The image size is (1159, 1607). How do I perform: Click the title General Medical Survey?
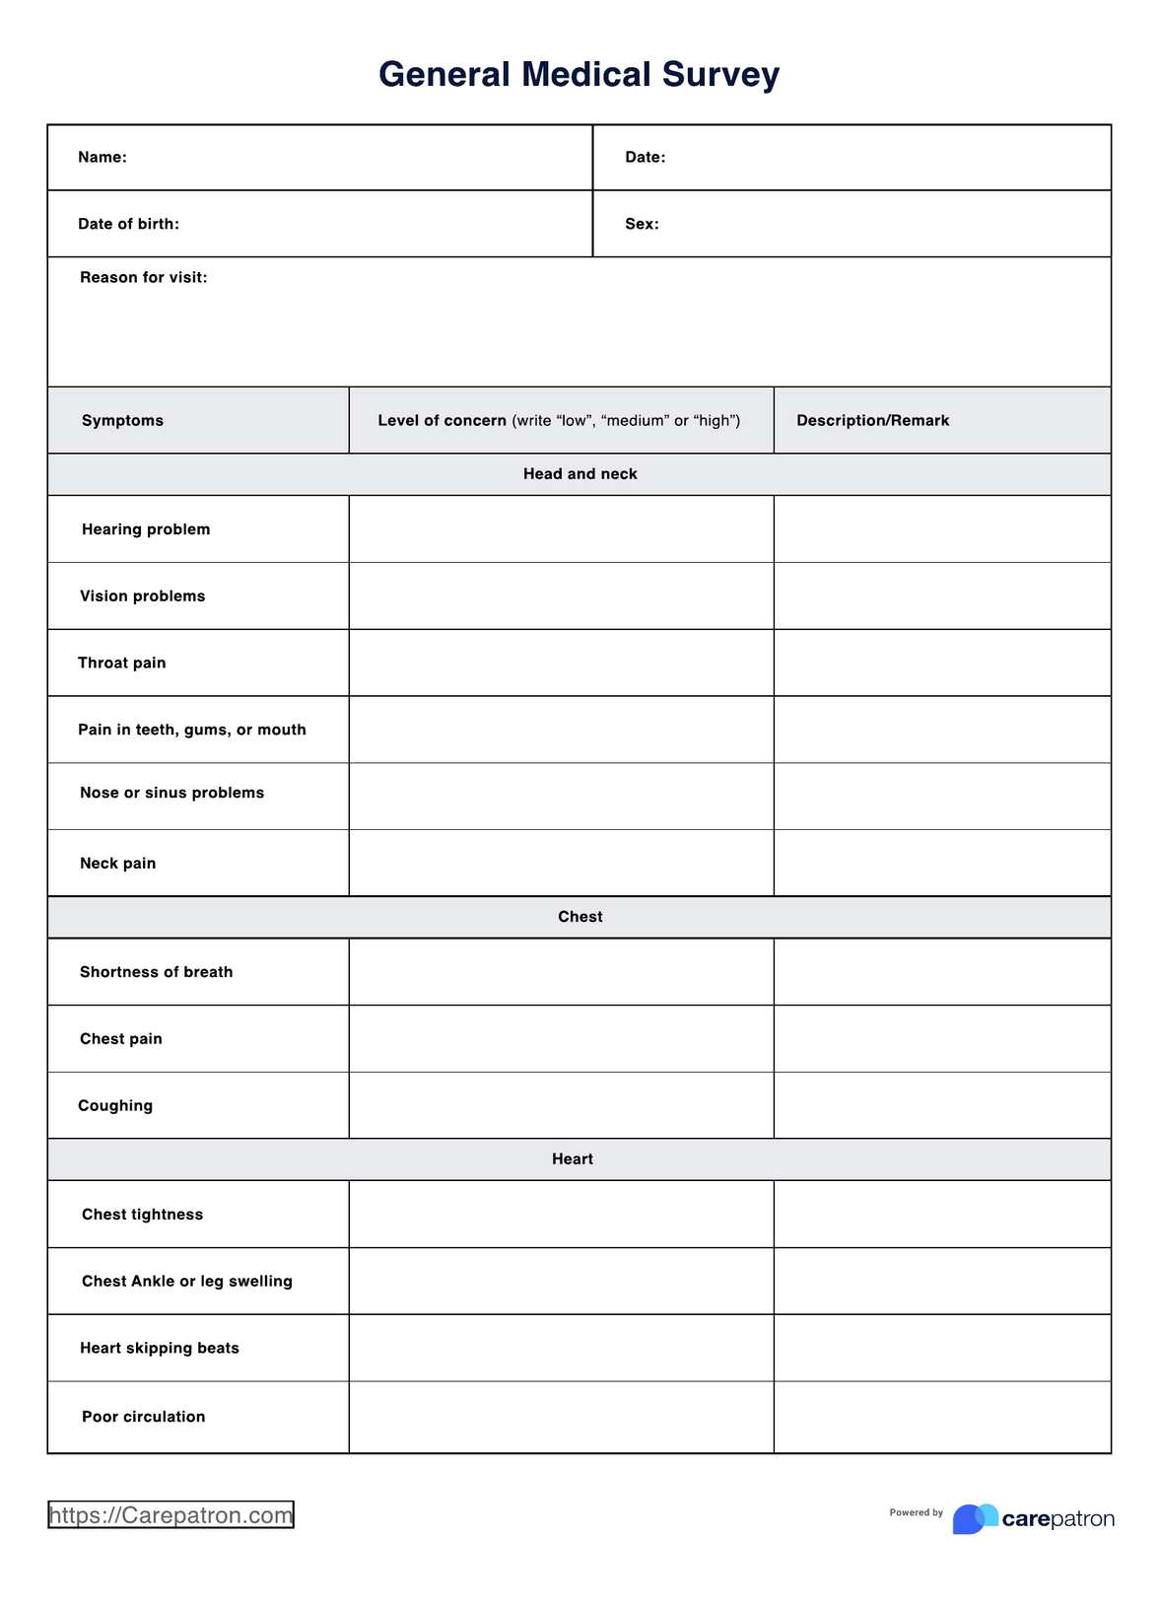(579, 75)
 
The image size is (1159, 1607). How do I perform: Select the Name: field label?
(102, 158)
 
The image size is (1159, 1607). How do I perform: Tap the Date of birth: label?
(128, 224)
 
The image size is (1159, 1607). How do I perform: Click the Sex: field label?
(642, 224)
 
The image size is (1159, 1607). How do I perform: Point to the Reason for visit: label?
(144, 278)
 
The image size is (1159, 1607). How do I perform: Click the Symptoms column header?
(122, 421)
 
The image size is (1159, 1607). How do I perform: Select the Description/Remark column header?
(872, 421)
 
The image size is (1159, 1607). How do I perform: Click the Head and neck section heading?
(579, 474)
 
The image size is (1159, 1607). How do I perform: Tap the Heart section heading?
(573, 1159)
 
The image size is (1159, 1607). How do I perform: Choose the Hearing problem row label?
(146, 529)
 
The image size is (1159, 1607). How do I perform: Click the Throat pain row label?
(122, 664)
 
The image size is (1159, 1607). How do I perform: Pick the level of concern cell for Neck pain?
(561, 863)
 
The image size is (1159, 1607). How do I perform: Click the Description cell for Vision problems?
(942, 596)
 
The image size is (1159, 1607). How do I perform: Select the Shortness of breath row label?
(157, 972)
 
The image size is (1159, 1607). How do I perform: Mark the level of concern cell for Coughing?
(561, 1105)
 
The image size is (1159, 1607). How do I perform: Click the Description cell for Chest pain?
(942, 1039)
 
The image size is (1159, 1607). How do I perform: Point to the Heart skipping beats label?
(160, 1349)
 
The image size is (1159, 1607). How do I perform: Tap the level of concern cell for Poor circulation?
(561, 1417)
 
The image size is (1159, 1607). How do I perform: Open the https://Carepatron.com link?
(170, 1515)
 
